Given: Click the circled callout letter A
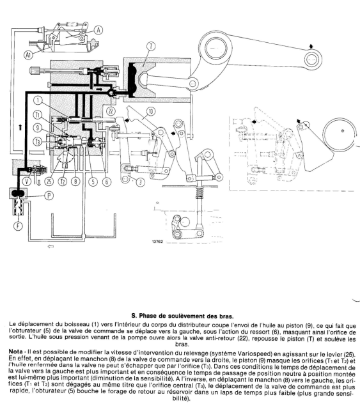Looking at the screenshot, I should coord(99,29).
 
